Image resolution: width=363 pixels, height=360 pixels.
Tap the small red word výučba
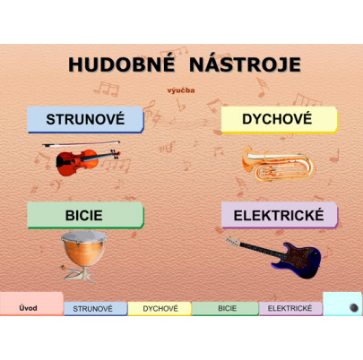181,90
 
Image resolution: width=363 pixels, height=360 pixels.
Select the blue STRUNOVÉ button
84,119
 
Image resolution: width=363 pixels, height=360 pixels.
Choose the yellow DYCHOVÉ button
279,119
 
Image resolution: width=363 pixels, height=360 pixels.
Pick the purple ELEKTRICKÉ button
279,215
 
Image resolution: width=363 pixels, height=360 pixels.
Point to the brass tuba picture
267,161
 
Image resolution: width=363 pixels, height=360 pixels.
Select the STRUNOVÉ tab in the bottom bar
94,309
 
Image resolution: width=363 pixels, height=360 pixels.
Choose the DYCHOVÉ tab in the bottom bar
160,309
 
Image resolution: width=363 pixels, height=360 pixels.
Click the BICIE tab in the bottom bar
226,309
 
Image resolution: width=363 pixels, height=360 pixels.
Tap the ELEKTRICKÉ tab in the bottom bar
290,309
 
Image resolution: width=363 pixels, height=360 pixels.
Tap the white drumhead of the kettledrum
84,235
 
